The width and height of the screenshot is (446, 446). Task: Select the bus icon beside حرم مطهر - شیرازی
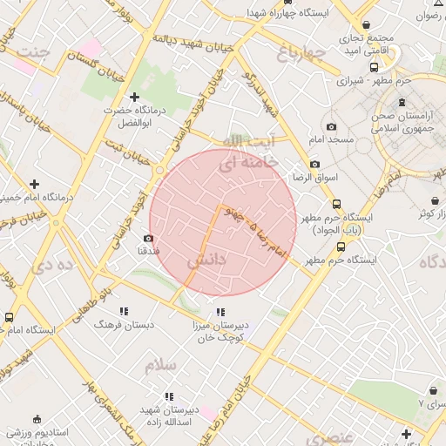click(374, 67)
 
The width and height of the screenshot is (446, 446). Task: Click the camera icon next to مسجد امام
click(332, 127)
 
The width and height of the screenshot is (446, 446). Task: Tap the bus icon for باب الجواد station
click(336, 205)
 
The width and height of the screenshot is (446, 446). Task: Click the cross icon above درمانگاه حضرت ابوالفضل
click(133, 98)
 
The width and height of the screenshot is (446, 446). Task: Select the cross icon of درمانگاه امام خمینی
click(34, 184)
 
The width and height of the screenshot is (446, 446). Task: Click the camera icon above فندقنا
click(148, 238)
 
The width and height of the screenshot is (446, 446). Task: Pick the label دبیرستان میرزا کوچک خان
click(220, 330)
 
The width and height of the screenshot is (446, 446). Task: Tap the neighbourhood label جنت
click(35, 52)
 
